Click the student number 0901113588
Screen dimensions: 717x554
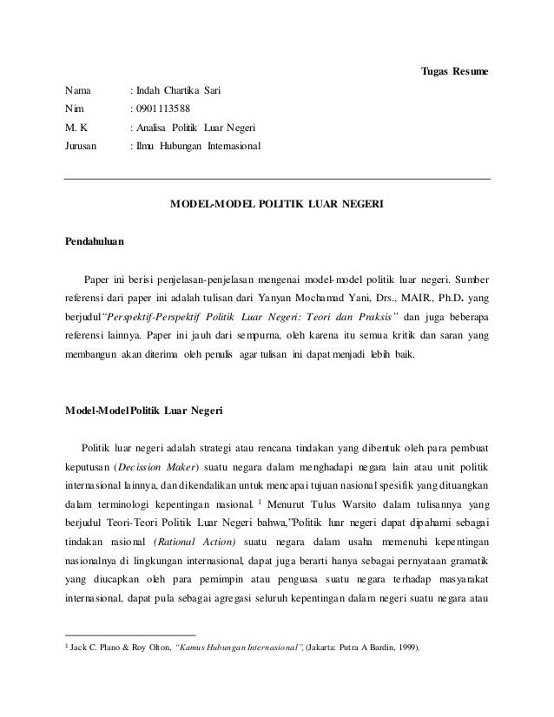coord(164,109)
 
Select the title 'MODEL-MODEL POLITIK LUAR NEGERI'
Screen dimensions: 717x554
coord(277,205)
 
